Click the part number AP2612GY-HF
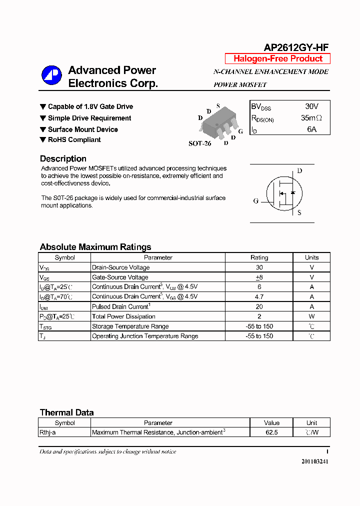[295, 47]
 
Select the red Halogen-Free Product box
[277, 58]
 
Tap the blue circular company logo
[51, 75]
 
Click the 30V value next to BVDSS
[311, 106]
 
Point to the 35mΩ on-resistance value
[311, 118]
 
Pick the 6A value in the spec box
[311, 129]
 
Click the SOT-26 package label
[199, 143]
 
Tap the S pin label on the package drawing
[218, 106]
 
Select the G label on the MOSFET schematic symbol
[255, 201]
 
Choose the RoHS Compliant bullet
[74, 140]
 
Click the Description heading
[63, 158]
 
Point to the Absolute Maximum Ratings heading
[95, 247]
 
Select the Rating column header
[259, 257]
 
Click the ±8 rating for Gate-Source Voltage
[259, 277]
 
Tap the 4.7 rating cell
[259, 296]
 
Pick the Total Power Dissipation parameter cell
[123, 316]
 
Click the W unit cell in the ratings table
[311, 316]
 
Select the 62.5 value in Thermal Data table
[271, 432]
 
